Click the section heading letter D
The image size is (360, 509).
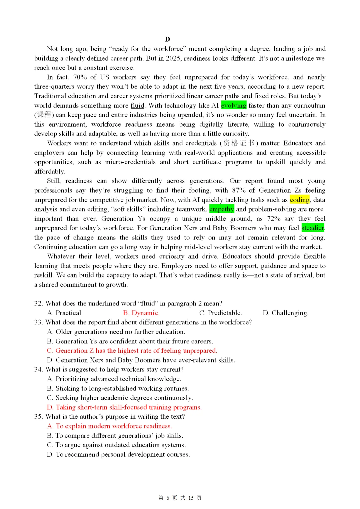click(x=167, y=39)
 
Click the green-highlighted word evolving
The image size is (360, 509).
click(x=233, y=106)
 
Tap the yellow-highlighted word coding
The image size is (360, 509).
click(x=299, y=200)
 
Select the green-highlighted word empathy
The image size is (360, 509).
click(x=222, y=209)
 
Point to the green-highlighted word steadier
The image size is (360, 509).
click(x=313, y=228)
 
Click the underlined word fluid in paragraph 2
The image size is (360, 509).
click(x=137, y=106)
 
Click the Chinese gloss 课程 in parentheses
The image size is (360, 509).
click(x=44, y=115)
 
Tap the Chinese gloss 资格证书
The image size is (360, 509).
click(x=239, y=143)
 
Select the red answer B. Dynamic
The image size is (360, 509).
click(x=141, y=313)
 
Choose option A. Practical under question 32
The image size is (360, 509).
click(x=65, y=313)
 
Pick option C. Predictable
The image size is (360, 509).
click(x=220, y=313)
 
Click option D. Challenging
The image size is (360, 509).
click(x=285, y=313)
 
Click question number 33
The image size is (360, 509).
click(x=38, y=322)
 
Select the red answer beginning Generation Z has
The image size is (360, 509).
click(x=132, y=351)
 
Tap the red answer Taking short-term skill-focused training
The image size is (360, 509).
click(x=124, y=407)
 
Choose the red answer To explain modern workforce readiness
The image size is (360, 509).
click(x=109, y=426)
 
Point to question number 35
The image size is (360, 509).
click(x=38, y=417)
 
